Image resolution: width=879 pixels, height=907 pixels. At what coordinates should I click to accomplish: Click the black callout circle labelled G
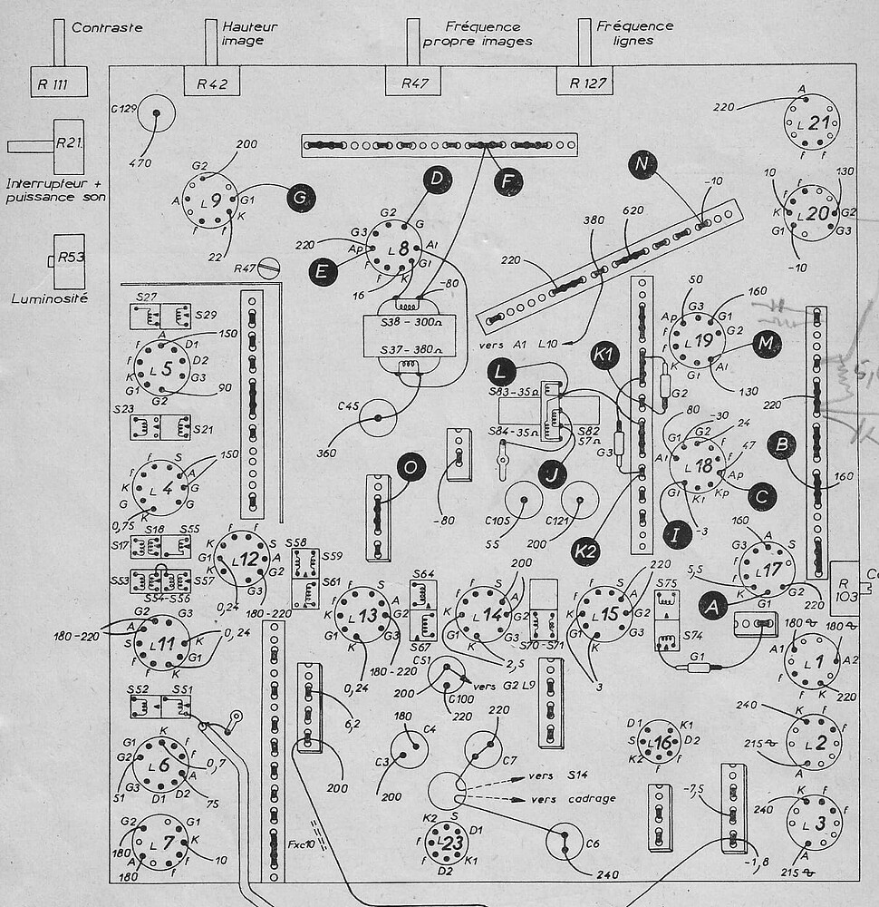pyautogui.click(x=300, y=196)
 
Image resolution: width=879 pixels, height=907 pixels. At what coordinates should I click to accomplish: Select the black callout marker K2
pyautogui.click(x=585, y=548)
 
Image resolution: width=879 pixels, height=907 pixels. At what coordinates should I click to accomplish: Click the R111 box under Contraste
pyautogui.click(x=59, y=81)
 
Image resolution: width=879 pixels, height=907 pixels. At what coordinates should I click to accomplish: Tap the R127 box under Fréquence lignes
pyautogui.click(x=584, y=81)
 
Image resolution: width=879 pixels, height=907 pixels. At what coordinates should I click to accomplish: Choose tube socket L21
pyautogui.click(x=812, y=123)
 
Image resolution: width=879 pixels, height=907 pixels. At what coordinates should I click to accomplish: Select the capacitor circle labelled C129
pyautogui.click(x=156, y=113)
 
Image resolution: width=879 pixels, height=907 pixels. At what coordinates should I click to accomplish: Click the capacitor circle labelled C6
pyautogui.click(x=564, y=840)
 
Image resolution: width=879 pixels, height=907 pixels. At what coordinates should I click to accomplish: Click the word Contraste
pyautogui.click(x=107, y=28)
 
